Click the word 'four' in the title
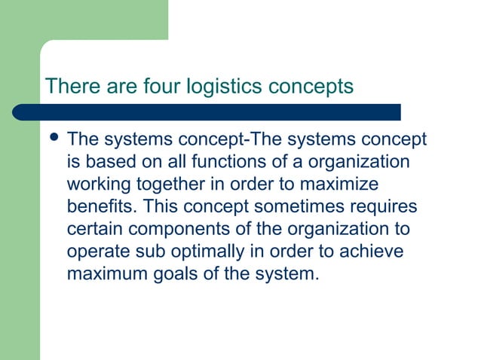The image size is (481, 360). tap(160, 86)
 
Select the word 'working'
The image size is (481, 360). tap(100, 185)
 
